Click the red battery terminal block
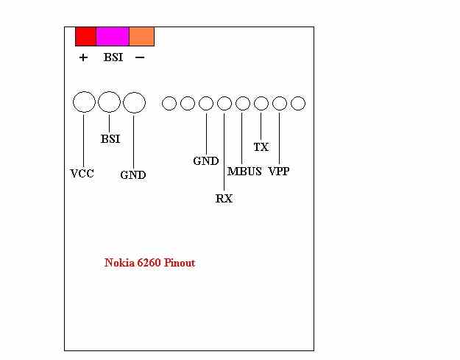tap(85, 36)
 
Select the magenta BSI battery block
tap(113, 36)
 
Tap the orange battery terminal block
tap(141, 36)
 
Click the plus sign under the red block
tap(83, 57)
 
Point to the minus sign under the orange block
tap(140, 57)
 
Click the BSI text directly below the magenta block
tap(113, 57)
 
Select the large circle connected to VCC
tap(85, 102)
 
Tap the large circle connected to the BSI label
tap(109, 102)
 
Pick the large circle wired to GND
tap(134, 102)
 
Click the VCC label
tap(82, 174)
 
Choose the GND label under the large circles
tap(133, 175)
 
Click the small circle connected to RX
tap(224, 104)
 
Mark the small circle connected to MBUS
tap(243, 104)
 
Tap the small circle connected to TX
tap(261, 104)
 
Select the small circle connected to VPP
tap(280, 104)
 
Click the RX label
tap(224, 199)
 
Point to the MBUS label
tap(244, 172)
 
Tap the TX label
tap(261, 147)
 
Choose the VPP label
tap(279, 172)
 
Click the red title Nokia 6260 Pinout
tap(149, 263)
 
